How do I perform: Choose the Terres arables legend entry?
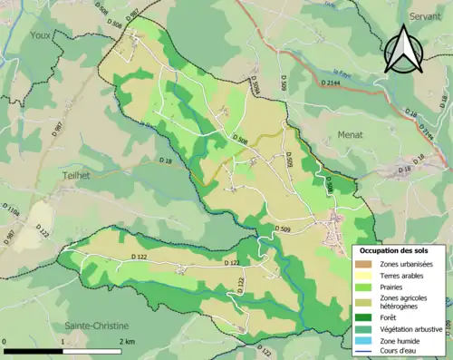pos(402,275)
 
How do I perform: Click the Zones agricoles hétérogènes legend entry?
pos(404,302)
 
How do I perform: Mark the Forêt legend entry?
pos(390,317)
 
